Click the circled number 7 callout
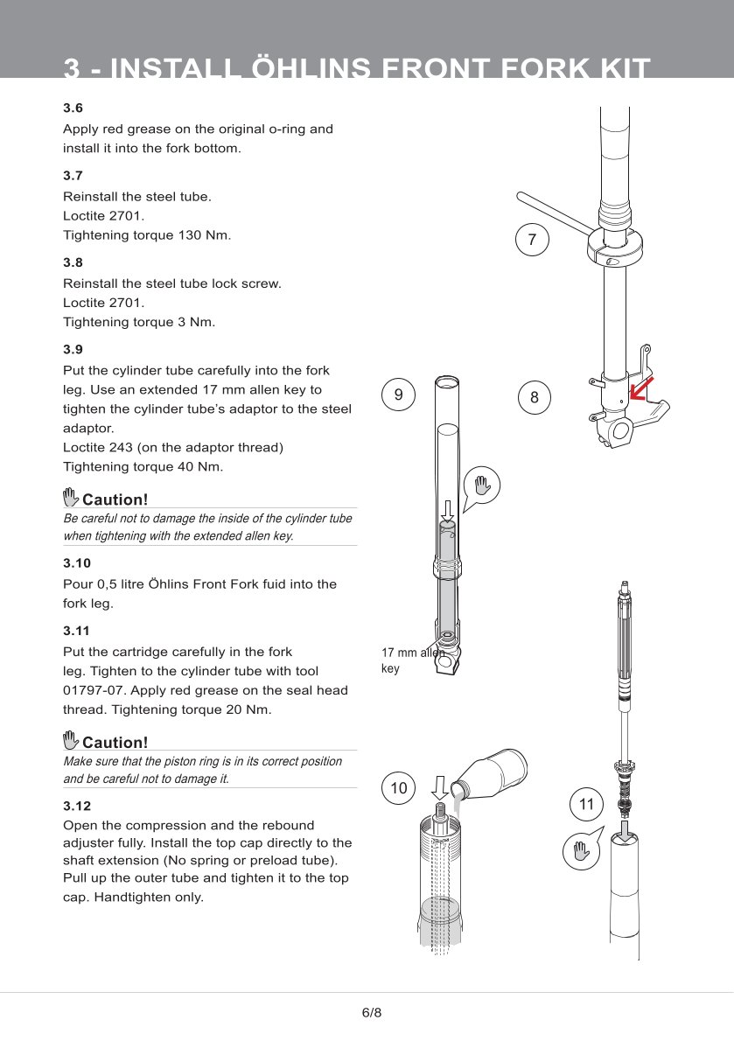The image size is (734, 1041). tap(533, 239)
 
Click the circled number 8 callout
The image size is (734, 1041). tap(535, 398)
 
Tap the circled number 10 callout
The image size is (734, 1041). tap(399, 788)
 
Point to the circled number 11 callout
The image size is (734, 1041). tap(586, 804)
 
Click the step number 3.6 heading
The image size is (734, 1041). tap(73, 108)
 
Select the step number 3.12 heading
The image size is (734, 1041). tap(76, 805)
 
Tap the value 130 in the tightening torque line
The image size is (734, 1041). tap(185, 234)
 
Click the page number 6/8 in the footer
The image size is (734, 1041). tap(372, 1013)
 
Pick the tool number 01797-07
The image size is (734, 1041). tap(94, 690)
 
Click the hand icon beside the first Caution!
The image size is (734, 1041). tap(71, 499)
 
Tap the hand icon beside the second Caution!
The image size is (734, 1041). tap(71, 741)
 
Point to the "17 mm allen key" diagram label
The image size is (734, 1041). tap(411, 660)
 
